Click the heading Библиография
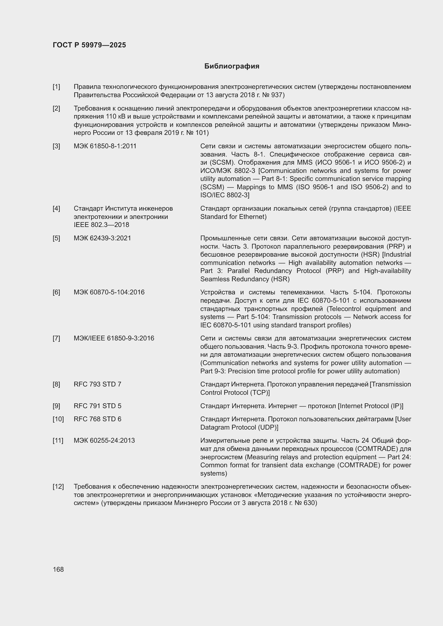click(x=232, y=66)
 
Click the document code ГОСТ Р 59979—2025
click(x=89, y=45)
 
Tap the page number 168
click(x=58, y=569)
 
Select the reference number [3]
click(x=56, y=146)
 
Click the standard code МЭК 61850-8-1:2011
click(x=105, y=146)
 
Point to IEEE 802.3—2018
click(x=101, y=225)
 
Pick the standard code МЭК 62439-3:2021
click(x=102, y=238)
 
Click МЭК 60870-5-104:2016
click(x=109, y=292)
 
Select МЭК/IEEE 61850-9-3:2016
click(x=114, y=338)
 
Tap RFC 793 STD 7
click(x=97, y=384)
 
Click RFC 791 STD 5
click(x=97, y=406)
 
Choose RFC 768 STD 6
click(x=97, y=419)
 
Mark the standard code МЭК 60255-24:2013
click(x=104, y=440)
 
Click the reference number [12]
click(x=58, y=486)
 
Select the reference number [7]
click(x=56, y=338)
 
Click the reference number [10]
click(x=58, y=419)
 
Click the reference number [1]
click(x=56, y=87)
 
